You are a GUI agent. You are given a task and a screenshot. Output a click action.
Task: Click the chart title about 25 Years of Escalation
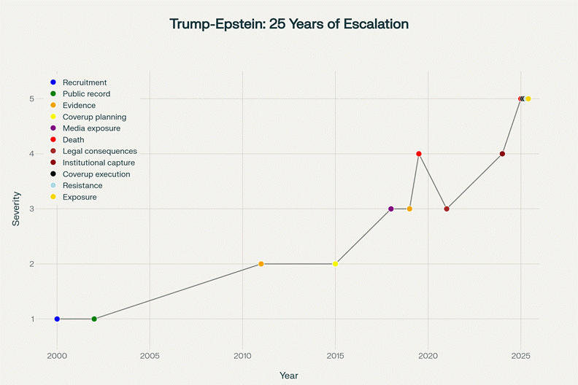289,24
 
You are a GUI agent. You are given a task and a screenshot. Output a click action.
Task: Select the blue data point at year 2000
57,319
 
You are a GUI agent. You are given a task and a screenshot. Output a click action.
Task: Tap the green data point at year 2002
94,319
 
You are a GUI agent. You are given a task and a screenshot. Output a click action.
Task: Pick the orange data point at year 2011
261,264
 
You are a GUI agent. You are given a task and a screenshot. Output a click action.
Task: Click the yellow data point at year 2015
335,264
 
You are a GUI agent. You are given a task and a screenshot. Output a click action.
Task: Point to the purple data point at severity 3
391,209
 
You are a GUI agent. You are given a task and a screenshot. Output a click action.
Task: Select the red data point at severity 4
419,154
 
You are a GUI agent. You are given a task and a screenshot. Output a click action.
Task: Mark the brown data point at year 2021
447,209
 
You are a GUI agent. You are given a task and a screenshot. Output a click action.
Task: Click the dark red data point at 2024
502,154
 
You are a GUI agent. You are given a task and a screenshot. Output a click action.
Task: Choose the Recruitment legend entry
85,82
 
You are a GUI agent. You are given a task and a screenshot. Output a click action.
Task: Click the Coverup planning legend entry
94,117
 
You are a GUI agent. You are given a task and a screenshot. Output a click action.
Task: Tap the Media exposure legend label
92,128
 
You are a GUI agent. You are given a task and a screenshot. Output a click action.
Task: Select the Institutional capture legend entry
99,163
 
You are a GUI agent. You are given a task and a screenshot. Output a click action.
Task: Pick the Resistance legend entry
82,186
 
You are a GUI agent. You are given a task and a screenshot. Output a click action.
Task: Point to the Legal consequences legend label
99,151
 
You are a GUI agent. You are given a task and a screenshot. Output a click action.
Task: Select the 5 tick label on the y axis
32,98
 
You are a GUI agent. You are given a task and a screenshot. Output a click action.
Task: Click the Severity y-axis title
16,209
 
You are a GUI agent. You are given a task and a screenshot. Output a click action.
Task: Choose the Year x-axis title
289,375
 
